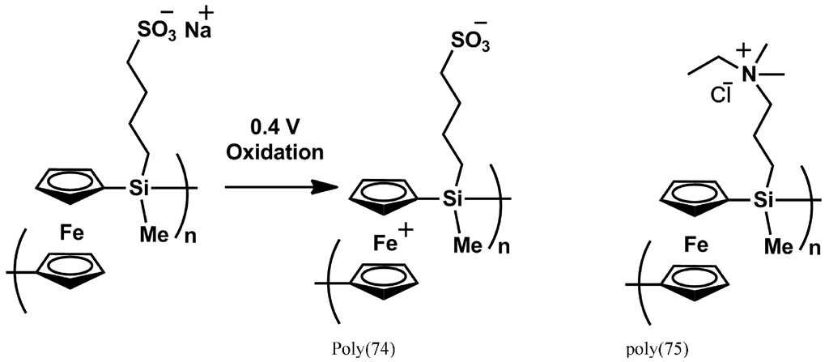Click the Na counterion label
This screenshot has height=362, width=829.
pos(197,31)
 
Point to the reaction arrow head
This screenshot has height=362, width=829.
pos(329,186)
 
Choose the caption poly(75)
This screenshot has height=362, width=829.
pos(657,350)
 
